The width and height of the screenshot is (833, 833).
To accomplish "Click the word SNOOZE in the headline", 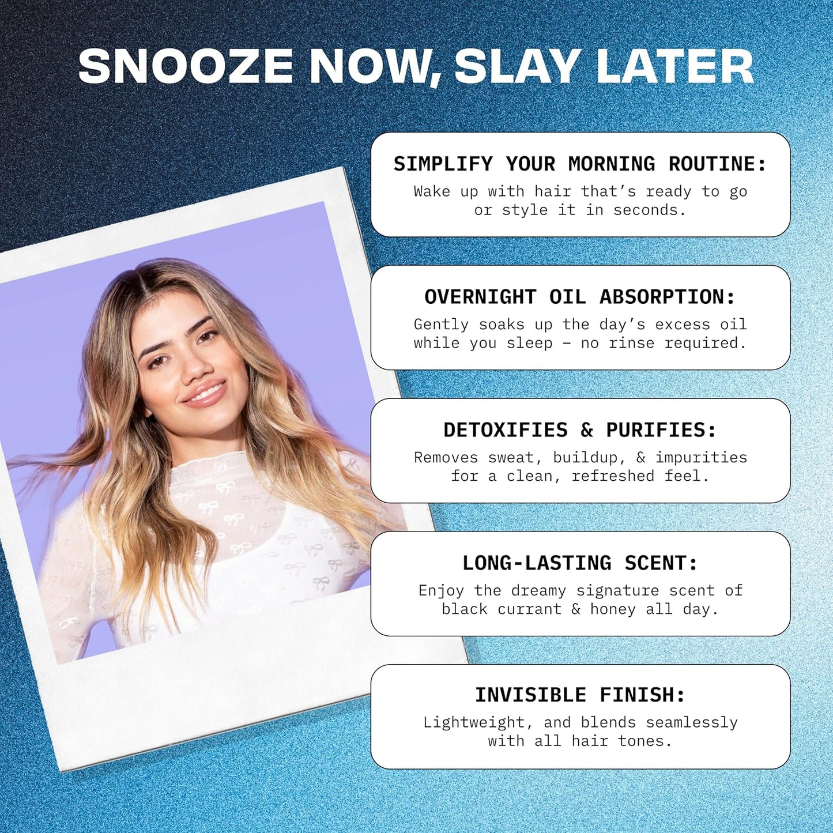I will pos(186,66).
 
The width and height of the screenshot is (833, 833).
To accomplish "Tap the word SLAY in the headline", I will pos(517,66).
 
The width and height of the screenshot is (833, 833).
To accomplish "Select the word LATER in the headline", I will pos(675,66).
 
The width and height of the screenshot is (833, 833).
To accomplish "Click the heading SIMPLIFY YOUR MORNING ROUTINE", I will pos(580,164).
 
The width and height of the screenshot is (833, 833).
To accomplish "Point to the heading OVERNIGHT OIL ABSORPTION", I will pos(580,297).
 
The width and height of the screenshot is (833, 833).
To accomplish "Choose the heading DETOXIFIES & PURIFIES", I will pos(580,431).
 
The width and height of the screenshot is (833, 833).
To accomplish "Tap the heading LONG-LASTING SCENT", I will pos(580,563).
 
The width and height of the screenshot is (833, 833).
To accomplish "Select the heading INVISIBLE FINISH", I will pos(580,695).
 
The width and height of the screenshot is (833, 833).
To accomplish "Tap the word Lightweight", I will pos(474,723).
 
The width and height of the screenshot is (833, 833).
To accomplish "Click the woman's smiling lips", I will pos(205,395).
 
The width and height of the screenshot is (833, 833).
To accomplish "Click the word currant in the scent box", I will pos(529,609).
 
